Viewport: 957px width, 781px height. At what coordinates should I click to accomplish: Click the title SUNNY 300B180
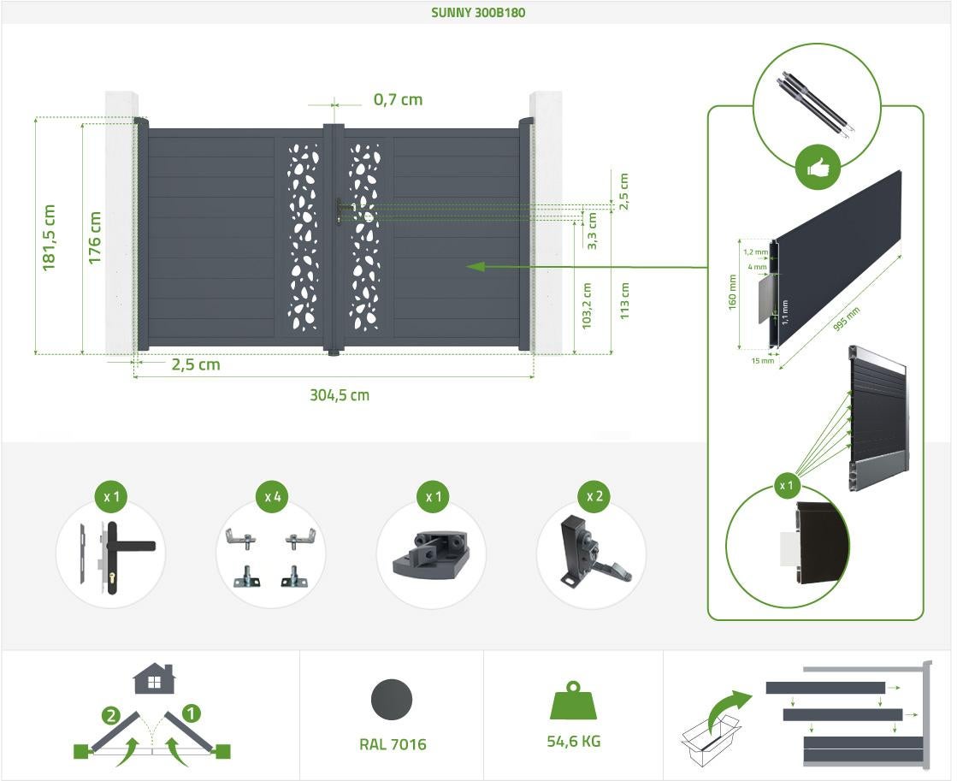[x=478, y=12]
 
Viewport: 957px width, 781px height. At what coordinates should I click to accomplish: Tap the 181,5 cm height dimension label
[x=49, y=238]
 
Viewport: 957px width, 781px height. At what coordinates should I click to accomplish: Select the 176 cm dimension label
[x=95, y=238]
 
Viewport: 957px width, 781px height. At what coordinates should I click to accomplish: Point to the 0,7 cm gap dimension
[x=398, y=99]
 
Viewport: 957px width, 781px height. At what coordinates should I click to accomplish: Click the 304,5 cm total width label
[x=340, y=395]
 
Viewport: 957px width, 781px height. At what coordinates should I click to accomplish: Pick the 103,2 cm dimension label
[x=588, y=306]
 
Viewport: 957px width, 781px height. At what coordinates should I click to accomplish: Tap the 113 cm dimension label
[x=624, y=300]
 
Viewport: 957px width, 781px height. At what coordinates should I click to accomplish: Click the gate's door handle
[x=340, y=210]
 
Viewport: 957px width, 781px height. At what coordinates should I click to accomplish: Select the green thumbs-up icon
[x=818, y=168]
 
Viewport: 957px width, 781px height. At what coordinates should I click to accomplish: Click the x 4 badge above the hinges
[x=273, y=497]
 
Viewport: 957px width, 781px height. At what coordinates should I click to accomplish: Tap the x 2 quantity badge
[x=594, y=496]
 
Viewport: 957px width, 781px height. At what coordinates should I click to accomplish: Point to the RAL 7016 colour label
[x=393, y=744]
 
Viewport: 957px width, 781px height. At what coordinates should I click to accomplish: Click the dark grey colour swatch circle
[x=392, y=700]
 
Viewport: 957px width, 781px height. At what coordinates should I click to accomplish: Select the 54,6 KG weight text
[x=574, y=742]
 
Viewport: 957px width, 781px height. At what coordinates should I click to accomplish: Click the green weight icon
[x=573, y=701]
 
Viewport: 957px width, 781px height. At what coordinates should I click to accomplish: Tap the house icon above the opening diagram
[x=155, y=678]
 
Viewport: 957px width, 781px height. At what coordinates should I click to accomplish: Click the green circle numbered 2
[x=110, y=715]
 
